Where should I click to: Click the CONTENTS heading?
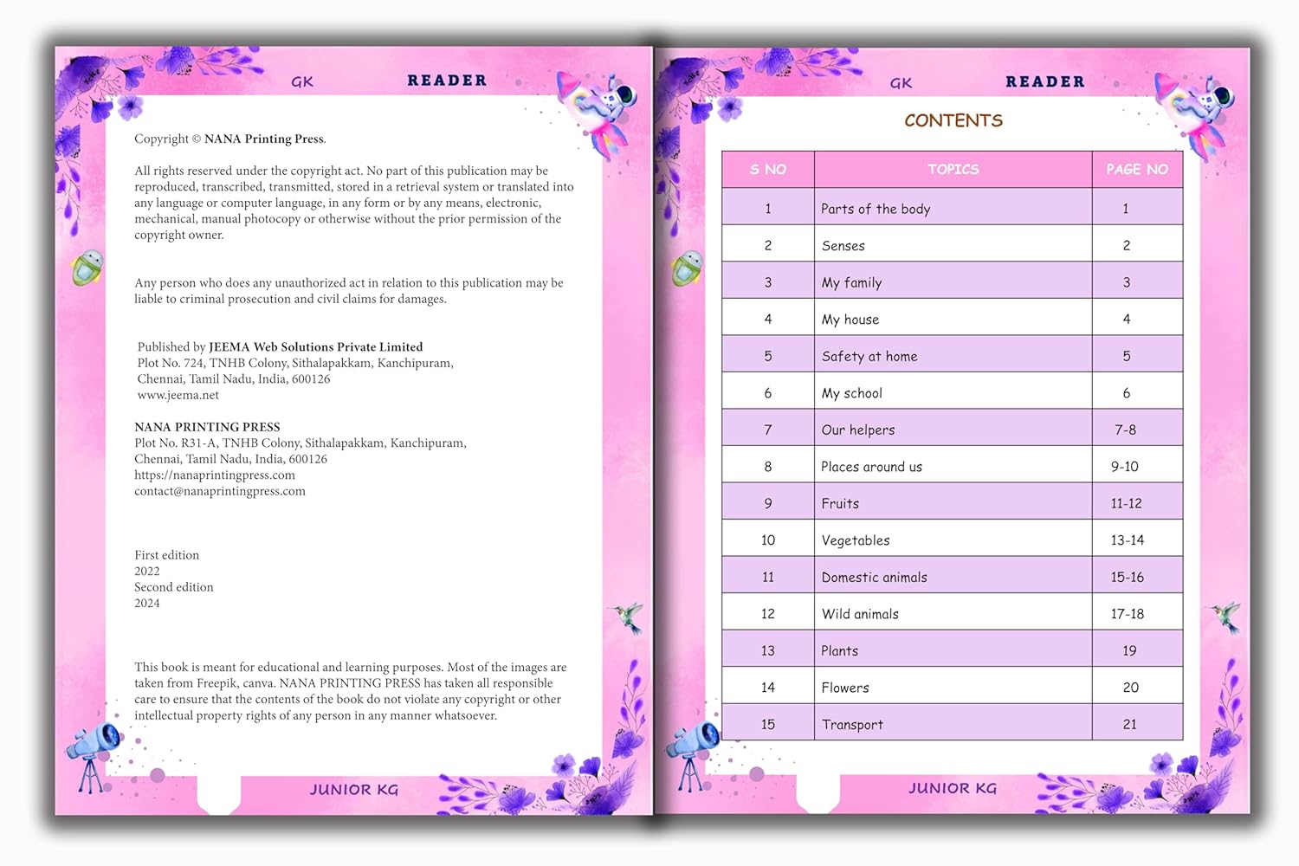tap(953, 120)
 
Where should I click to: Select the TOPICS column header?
tap(953, 170)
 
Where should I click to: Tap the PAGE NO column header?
tap(1137, 170)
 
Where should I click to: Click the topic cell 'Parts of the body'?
tap(876, 209)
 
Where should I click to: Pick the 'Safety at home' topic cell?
tap(869, 356)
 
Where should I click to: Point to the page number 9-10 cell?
tap(1125, 467)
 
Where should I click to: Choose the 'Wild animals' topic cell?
tap(860, 614)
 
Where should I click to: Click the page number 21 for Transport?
tap(1129, 725)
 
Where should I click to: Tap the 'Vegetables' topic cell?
tap(856, 540)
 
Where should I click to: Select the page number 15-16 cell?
tap(1128, 578)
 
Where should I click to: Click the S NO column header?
tap(768, 170)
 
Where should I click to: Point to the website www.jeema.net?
tap(178, 395)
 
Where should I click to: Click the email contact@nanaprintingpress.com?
tap(220, 491)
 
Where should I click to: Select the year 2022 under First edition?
tap(147, 572)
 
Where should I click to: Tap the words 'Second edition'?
tap(174, 587)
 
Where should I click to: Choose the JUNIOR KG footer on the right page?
tap(953, 788)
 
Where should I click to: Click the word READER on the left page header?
tap(447, 81)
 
